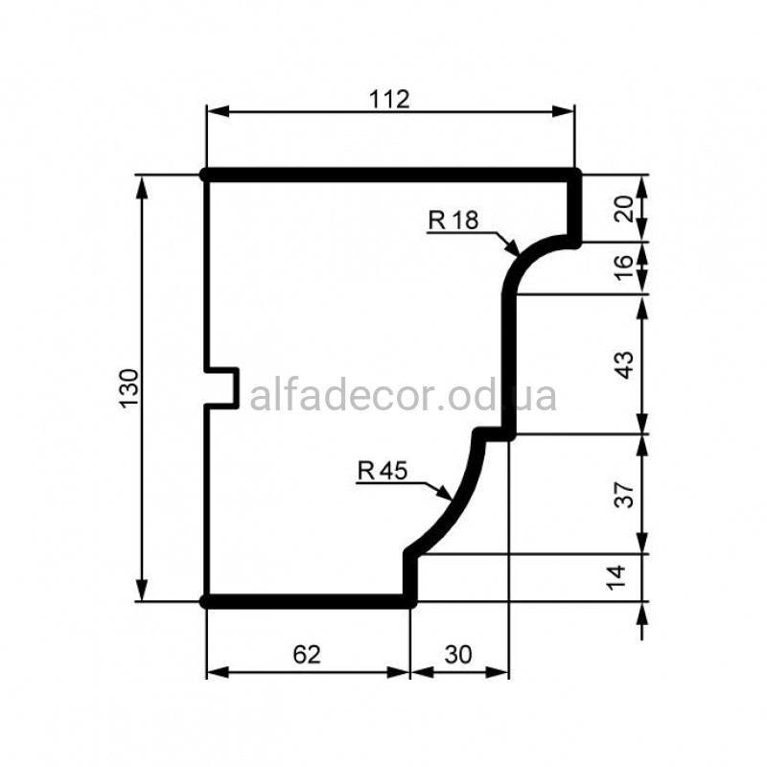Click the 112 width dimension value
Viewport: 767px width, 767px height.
[389, 100]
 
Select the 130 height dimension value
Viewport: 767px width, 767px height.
[129, 389]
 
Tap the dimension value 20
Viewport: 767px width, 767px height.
[624, 209]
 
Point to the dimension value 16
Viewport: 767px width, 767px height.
[624, 267]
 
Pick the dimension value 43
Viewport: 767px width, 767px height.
[624, 365]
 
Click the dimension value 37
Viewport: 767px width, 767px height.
[624, 495]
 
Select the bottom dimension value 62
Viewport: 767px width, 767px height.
[307, 655]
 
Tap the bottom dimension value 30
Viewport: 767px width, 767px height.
[458, 655]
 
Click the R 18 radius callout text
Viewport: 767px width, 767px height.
[453, 221]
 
